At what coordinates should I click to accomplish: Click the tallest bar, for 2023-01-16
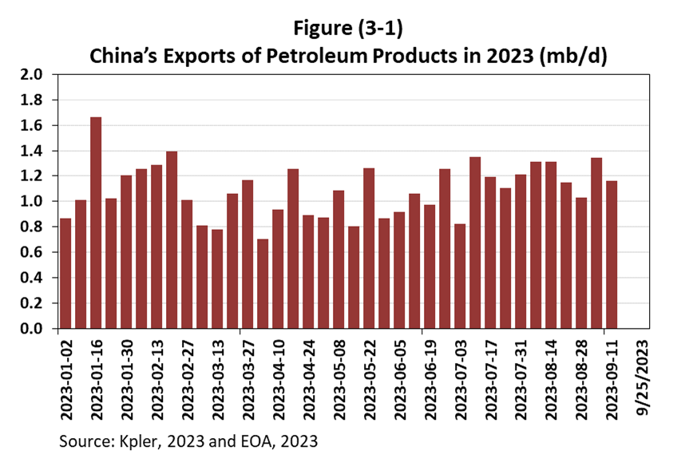96,223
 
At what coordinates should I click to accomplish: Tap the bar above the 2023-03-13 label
217,278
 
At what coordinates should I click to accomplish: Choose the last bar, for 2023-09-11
612,255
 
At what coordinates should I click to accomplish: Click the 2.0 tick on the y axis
38,75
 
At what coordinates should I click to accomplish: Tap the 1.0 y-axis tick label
38,202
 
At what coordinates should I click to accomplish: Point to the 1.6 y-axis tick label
38,126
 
